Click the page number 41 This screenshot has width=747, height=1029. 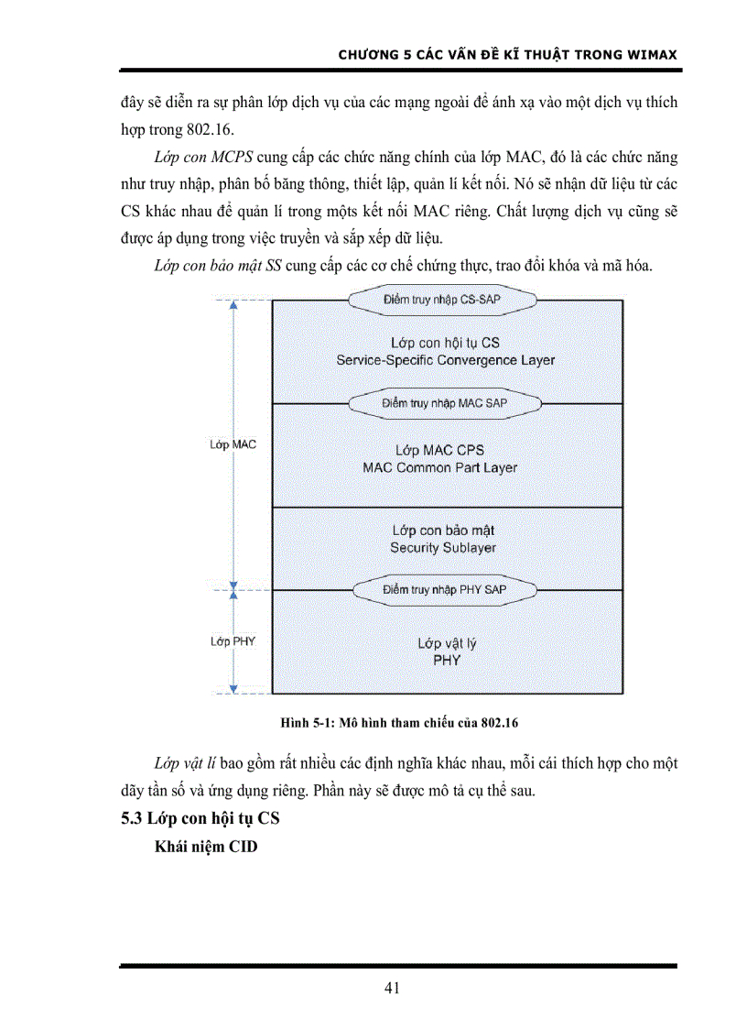(x=392, y=987)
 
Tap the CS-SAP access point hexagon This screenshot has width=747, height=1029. (x=443, y=300)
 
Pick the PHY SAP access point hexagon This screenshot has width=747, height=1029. (x=445, y=589)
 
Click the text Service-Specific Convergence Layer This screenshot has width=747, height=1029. (x=446, y=360)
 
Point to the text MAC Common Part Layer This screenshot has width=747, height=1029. (x=440, y=467)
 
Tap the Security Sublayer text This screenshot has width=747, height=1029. (x=443, y=547)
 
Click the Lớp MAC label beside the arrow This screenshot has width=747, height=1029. (x=233, y=444)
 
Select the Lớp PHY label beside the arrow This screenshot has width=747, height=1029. (x=233, y=641)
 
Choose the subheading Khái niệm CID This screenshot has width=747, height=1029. (x=207, y=848)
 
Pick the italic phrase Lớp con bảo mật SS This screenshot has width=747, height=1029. (x=218, y=267)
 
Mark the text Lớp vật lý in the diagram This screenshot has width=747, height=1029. (x=446, y=643)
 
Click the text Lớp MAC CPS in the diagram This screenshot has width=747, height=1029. (x=439, y=450)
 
